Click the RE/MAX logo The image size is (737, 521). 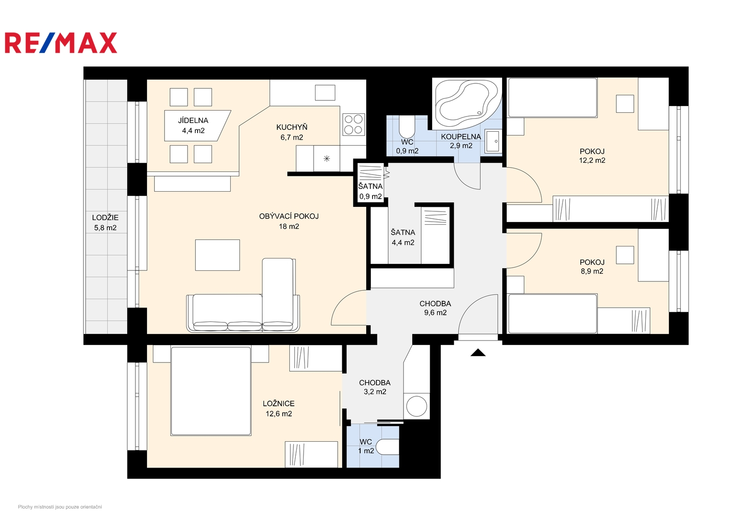tap(61, 43)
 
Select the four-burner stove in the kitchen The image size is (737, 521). tap(353, 124)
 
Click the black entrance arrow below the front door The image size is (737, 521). tap(478, 353)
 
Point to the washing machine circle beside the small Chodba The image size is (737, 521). tap(416, 406)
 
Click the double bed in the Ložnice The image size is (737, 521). tap(211, 391)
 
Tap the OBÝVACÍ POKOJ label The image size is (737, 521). tap(289, 216)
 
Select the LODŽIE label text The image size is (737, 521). tap(105, 217)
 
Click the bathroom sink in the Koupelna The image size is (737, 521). tap(493, 141)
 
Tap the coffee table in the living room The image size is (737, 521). tap(217, 255)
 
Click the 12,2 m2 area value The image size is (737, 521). tap(592, 160)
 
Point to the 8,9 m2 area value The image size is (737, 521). tap(592, 271)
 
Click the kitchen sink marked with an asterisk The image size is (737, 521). tap(327, 158)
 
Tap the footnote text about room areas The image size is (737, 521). tap(60, 507)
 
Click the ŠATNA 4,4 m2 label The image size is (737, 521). tap(403, 237)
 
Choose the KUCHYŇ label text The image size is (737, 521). tap(292, 127)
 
